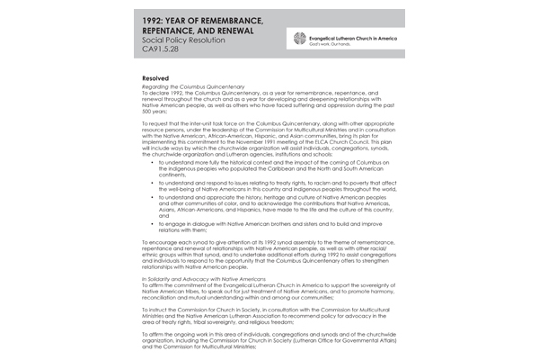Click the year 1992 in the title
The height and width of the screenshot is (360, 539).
point(159,20)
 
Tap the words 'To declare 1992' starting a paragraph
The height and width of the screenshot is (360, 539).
point(164,96)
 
